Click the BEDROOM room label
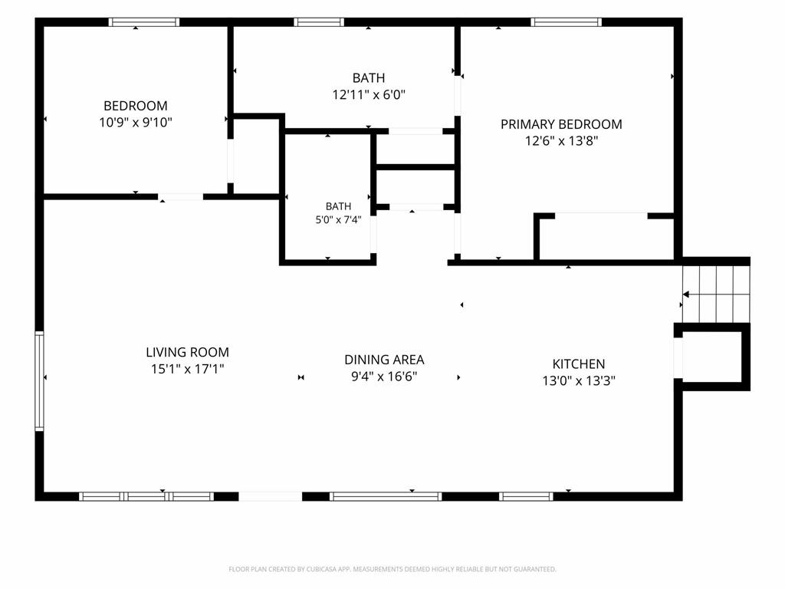tap(135, 106)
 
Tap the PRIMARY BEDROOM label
tap(561, 124)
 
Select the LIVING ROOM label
tap(187, 352)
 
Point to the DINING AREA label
tap(384, 360)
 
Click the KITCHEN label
tap(578, 364)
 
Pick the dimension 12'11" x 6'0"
tap(369, 94)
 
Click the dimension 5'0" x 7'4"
tap(338, 220)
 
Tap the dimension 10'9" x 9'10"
tap(135, 122)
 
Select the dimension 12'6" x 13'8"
tap(561, 141)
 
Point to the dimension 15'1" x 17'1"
tap(187, 369)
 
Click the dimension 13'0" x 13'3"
tap(578, 380)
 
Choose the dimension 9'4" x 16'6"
tap(384, 377)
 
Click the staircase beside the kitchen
tap(717, 294)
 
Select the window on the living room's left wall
tap(39, 380)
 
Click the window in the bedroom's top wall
tap(143, 22)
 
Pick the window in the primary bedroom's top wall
tap(567, 22)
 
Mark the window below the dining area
tap(386, 496)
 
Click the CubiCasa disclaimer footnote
tap(392, 569)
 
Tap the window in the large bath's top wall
tap(319, 22)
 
